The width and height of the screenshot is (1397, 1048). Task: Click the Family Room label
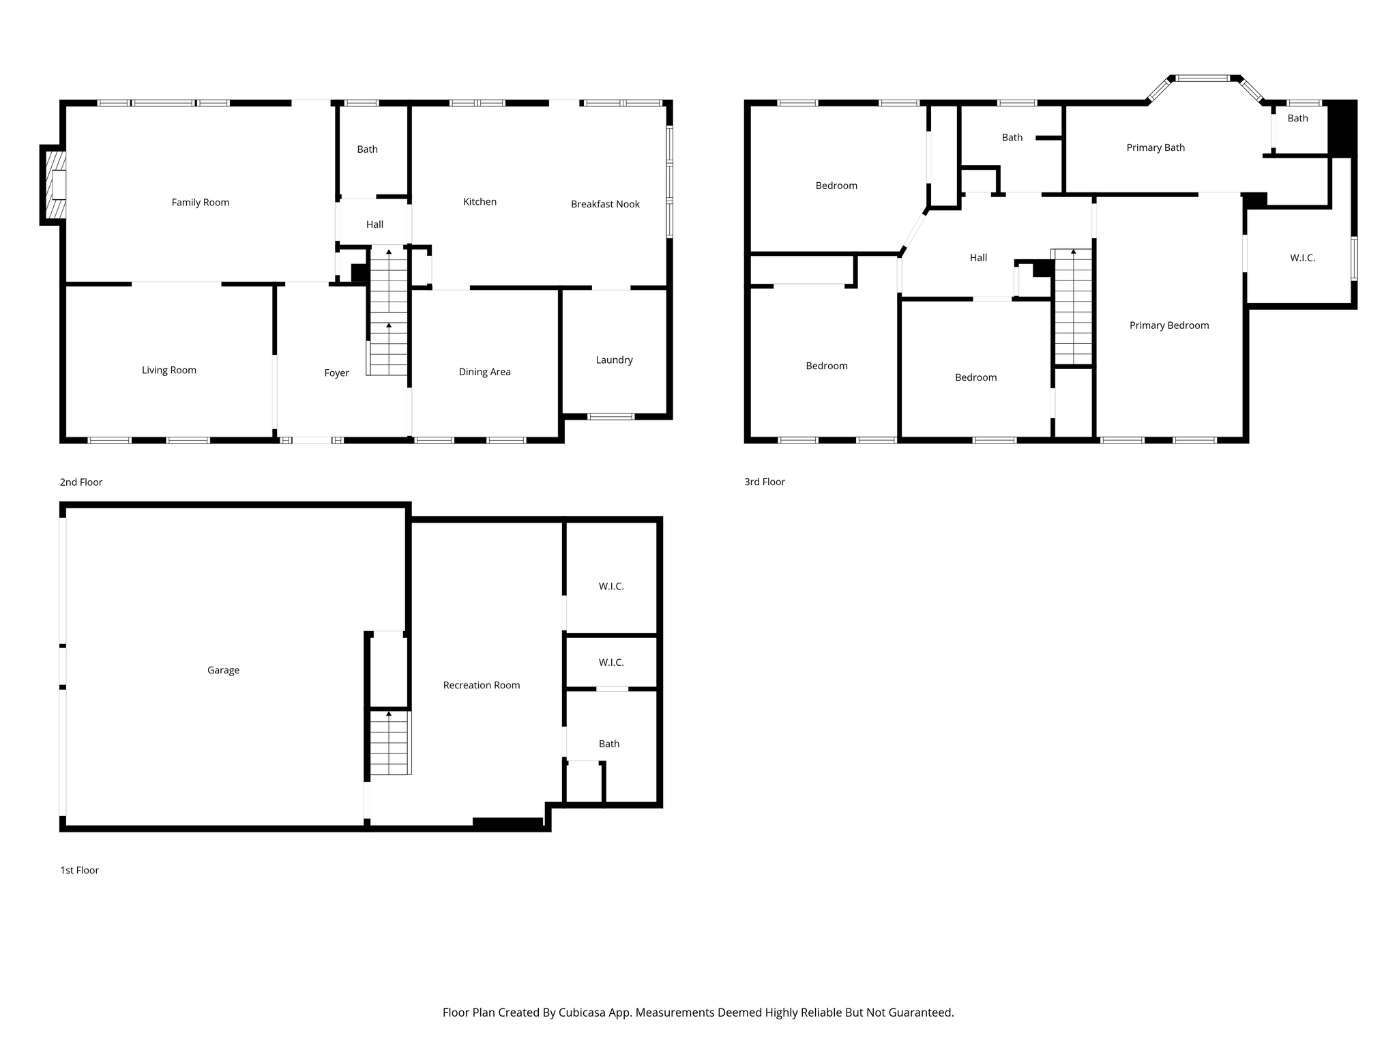[201, 203]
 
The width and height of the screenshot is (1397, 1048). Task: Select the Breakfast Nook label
[605, 204]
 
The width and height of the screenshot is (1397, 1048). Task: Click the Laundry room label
[614, 360]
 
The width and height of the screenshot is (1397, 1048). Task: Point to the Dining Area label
[484, 372]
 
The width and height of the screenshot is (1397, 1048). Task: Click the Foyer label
[336, 373]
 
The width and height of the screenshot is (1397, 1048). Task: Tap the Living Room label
[169, 370]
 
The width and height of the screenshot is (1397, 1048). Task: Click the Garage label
[223, 671]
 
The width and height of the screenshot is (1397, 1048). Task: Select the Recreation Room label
[482, 686]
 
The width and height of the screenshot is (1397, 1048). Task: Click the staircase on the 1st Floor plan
[390, 742]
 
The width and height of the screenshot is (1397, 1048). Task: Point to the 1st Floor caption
[80, 871]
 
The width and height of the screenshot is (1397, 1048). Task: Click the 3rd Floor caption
[765, 482]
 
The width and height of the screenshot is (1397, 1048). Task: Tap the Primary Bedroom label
[1169, 325]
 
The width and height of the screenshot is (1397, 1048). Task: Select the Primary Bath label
[1156, 147]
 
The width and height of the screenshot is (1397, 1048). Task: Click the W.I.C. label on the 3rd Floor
[1302, 258]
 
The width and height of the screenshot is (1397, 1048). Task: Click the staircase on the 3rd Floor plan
[1073, 307]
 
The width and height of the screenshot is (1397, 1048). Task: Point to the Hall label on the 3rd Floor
[978, 258]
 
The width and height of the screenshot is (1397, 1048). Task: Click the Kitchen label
[480, 202]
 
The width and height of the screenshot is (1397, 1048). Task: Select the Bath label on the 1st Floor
[609, 744]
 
